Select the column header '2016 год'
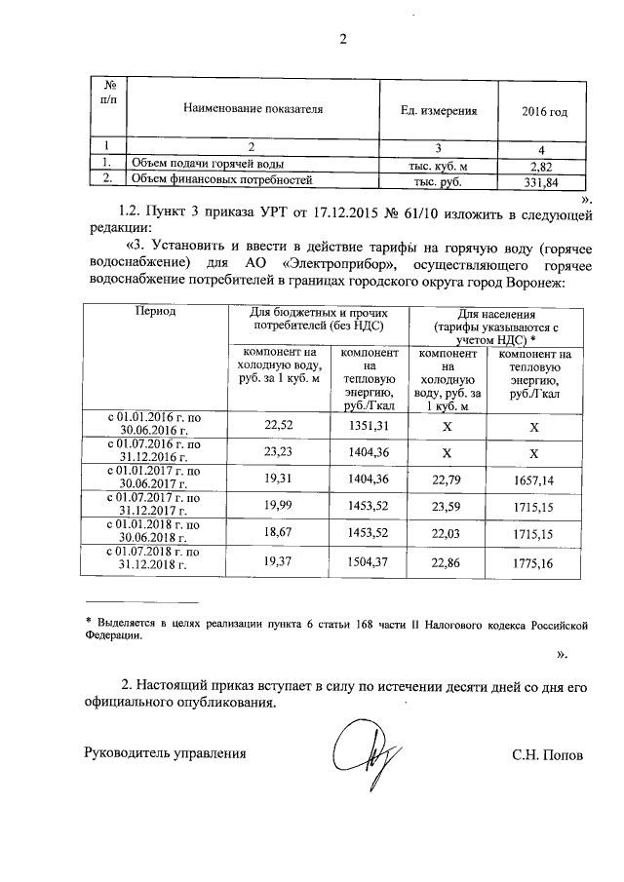click(x=544, y=111)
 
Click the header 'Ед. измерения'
click(x=439, y=111)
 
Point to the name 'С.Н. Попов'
click(x=547, y=753)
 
